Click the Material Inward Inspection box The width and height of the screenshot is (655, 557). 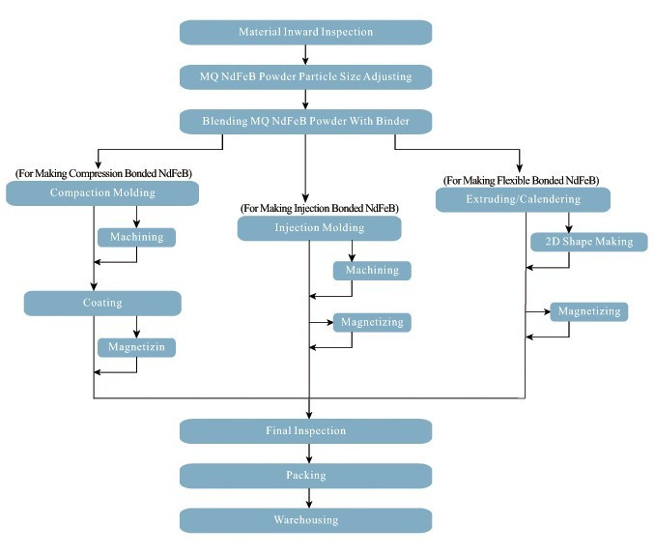point(306,32)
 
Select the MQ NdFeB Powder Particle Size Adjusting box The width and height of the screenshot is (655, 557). point(306,77)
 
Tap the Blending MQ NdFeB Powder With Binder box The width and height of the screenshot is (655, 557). point(306,122)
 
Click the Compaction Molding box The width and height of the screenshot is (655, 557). point(102,193)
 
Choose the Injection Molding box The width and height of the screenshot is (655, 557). point(320,228)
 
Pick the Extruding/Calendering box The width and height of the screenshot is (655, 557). point(523,200)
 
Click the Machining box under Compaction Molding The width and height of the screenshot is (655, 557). point(136,238)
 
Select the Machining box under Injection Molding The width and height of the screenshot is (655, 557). point(372,271)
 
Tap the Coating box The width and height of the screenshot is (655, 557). point(102,304)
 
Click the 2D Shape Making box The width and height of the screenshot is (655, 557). point(589,242)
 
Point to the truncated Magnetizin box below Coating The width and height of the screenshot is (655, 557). point(136,347)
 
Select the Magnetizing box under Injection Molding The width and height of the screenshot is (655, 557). point(372,322)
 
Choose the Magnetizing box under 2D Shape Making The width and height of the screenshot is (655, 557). point(589,311)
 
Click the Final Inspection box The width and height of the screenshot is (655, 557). point(306,431)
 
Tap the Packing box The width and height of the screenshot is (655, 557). point(306,476)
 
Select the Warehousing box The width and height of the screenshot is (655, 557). point(306,520)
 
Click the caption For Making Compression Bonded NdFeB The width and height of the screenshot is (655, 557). point(103,173)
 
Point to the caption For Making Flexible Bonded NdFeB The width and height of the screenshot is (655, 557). point(522,181)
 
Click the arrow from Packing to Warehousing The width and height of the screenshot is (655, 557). point(309,498)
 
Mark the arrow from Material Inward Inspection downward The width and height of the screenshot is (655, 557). point(305,55)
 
